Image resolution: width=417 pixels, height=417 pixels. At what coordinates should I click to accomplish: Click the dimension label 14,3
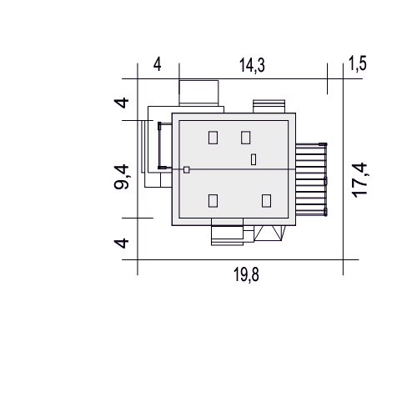[x=252, y=66]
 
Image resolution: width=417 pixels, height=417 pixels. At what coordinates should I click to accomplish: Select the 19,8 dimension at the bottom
[x=246, y=274]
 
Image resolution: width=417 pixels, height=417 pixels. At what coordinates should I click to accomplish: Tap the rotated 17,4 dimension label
[x=359, y=180]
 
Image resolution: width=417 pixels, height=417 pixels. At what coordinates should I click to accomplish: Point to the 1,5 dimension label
[x=358, y=63]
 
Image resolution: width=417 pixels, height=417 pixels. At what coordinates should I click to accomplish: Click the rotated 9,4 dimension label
[x=122, y=177]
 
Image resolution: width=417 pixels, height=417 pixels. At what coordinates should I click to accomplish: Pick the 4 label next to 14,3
[x=158, y=65]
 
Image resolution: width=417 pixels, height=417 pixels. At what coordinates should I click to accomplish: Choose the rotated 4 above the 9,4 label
[x=122, y=103]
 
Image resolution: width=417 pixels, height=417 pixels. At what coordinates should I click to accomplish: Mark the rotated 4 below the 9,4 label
[x=122, y=244]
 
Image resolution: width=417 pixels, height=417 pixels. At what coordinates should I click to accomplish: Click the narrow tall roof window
[x=254, y=159]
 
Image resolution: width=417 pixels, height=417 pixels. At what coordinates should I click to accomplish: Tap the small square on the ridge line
[x=187, y=169]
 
